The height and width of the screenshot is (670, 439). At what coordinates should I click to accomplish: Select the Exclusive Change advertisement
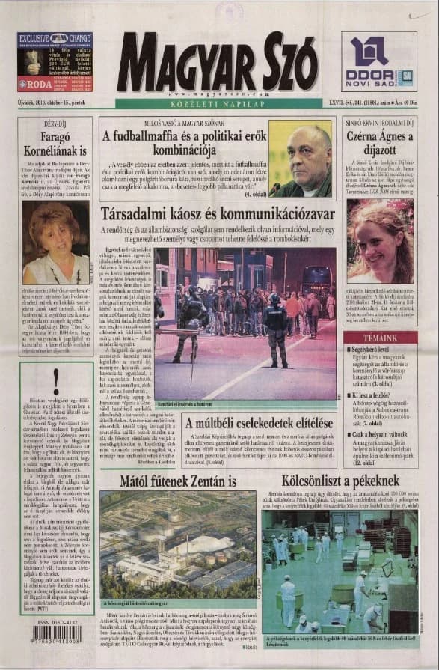coord(55,62)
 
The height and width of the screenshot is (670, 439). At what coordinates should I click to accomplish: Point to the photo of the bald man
coord(300,159)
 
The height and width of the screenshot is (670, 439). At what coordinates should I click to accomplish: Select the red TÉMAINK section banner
coord(381,338)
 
